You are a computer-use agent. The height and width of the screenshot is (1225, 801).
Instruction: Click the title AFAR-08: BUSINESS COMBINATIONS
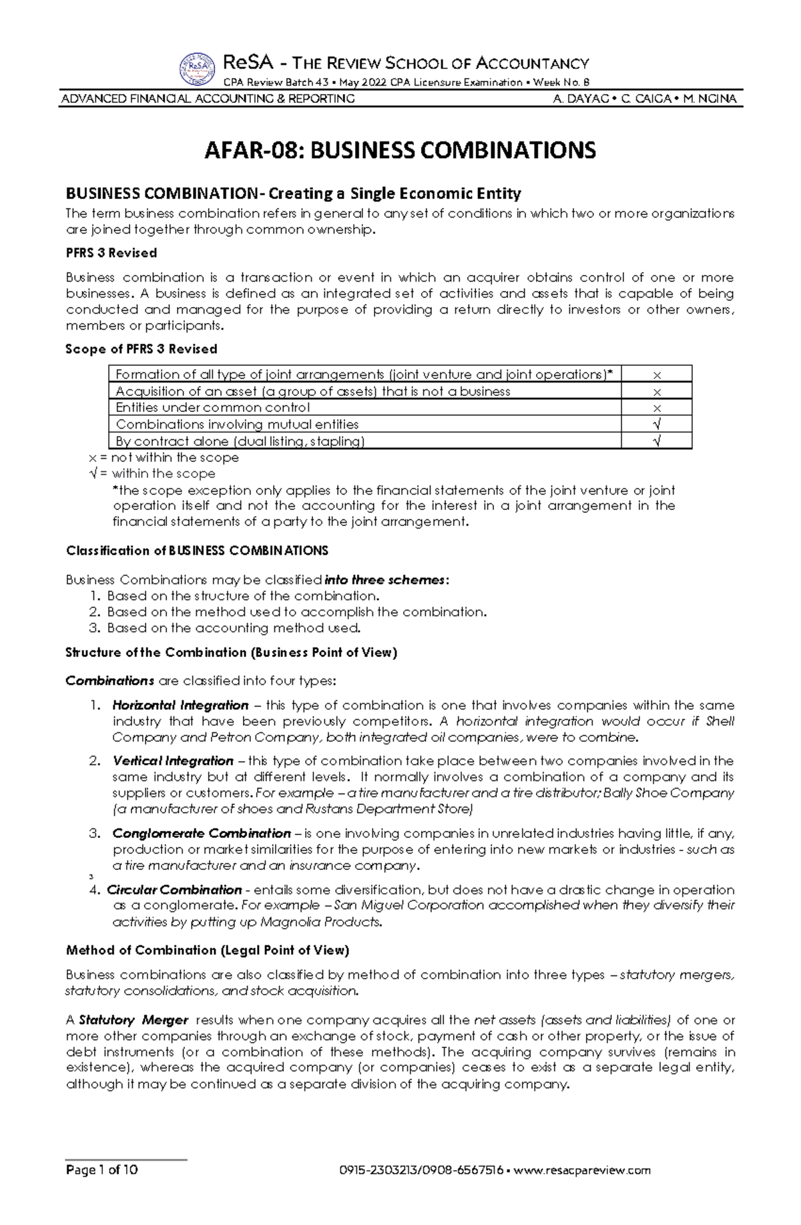400,150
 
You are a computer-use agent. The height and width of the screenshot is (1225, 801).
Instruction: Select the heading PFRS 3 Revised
111,253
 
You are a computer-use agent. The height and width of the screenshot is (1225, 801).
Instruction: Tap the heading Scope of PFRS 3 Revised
142,349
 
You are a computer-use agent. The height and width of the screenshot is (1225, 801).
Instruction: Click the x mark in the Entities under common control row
657,408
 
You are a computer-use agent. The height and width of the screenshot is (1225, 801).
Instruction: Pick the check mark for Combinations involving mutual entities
657,425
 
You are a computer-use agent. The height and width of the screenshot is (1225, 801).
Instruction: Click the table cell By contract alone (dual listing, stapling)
240,441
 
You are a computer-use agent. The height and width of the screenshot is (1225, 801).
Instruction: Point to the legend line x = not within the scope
164,458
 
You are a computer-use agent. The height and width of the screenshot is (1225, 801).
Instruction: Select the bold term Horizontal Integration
180,706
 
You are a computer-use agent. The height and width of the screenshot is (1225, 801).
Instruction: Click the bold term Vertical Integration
173,761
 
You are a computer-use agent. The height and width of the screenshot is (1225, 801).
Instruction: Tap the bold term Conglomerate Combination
202,834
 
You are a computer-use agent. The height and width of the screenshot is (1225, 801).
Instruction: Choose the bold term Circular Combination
174,890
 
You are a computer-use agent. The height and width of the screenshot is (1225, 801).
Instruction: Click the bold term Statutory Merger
133,1020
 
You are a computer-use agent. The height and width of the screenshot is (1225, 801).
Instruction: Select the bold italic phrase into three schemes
384,580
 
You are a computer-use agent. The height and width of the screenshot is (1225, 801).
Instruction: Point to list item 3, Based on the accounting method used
234,628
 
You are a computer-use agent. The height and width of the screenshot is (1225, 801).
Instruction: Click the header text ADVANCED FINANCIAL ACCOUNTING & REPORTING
208,99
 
